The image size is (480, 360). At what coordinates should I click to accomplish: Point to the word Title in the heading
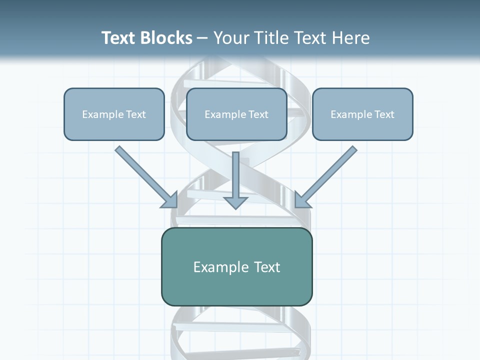(272, 38)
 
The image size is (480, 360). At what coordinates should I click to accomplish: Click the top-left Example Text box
(114, 114)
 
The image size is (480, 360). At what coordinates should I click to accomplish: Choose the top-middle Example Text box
(236, 114)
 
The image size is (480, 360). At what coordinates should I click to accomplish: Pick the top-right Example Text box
(362, 114)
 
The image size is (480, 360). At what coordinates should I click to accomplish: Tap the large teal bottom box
(236, 267)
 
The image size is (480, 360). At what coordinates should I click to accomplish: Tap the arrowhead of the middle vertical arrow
(235, 202)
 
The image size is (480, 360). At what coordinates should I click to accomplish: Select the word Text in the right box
(384, 114)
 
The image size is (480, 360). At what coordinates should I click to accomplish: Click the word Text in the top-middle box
(258, 114)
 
